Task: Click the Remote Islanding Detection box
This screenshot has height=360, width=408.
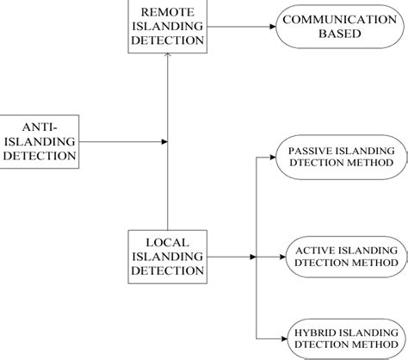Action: coord(168,26)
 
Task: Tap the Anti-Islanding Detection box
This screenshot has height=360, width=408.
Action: coord(40,140)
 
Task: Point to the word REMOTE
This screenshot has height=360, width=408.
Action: coord(168,11)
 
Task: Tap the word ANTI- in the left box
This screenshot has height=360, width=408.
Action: coord(40,125)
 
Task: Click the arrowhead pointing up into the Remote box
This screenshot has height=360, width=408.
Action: coord(168,56)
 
